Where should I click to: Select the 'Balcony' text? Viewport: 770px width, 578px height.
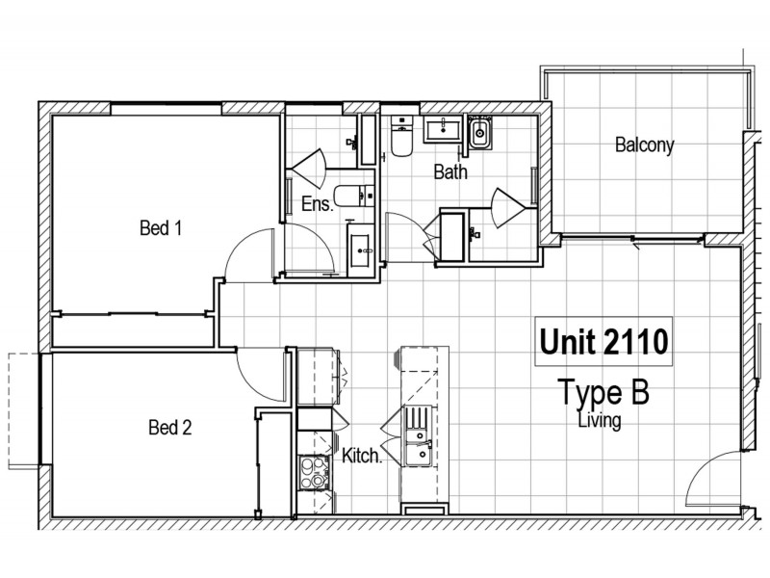tap(644, 145)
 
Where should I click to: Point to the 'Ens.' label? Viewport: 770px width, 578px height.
tap(317, 204)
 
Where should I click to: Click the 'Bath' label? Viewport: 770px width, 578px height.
tap(450, 173)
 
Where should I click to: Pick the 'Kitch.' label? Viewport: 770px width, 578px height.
tap(363, 458)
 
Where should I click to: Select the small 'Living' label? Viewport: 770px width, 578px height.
tap(599, 421)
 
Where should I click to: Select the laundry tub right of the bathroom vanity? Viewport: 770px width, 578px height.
tap(480, 133)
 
